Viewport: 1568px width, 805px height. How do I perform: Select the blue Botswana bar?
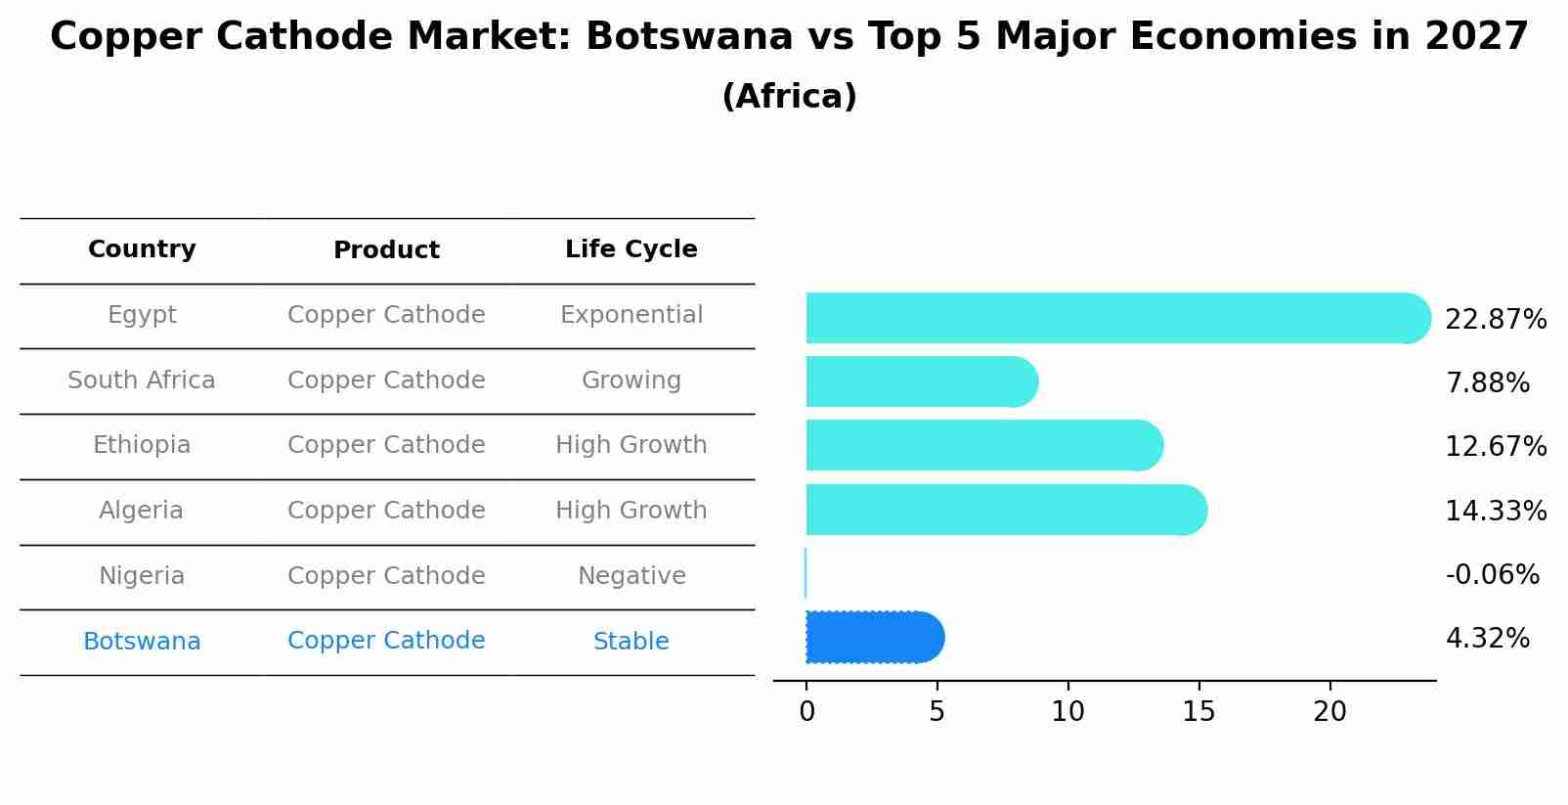[x=873, y=638]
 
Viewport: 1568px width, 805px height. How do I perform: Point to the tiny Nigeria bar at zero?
[x=806, y=573]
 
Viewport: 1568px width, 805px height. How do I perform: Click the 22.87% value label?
[x=1495, y=320]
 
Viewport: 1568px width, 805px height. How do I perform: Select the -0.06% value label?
[x=1492, y=574]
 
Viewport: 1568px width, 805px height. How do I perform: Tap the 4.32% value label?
[x=1487, y=639]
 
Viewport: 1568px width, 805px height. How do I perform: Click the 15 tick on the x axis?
[x=1198, y=712]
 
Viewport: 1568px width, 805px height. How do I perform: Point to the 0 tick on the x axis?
[x=806, y=712]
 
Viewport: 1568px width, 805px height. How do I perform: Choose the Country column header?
[x=142, y=249]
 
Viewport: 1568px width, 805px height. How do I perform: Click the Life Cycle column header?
[x=631, y=249]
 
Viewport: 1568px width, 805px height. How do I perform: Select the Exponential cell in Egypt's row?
[x=631, y=315]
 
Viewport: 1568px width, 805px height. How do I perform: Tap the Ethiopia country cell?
[x=142, y=445]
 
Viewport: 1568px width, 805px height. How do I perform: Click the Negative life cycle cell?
[x=631, y=576]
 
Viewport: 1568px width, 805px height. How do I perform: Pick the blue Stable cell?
[x=631, y=642]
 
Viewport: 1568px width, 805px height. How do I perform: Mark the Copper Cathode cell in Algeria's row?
[x=386, y=511]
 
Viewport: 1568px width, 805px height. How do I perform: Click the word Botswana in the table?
[x=142, y=642]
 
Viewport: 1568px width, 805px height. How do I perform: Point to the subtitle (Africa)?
[x=789, y=97]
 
